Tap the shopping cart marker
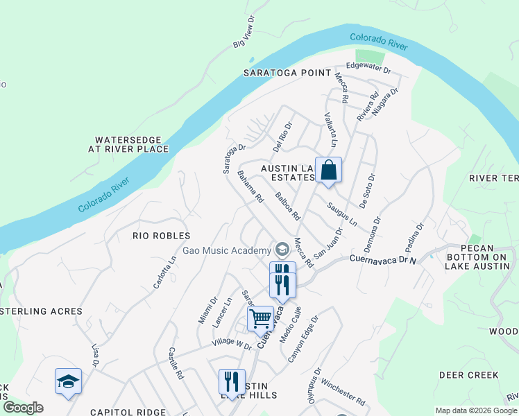(x=260, y=319)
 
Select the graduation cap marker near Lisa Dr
(x=69, y=381)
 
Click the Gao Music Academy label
(x=227, y=250)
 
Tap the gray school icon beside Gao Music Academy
(x=282, y=249)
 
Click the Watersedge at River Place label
(x=128, y=144)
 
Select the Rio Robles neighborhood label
(x=161, y=236)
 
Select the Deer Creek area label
(x=468, y=375)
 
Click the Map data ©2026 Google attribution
(x=476, y=410)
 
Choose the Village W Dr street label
(x=232, y=344)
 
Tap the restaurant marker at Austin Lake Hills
(x=232, y=382)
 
